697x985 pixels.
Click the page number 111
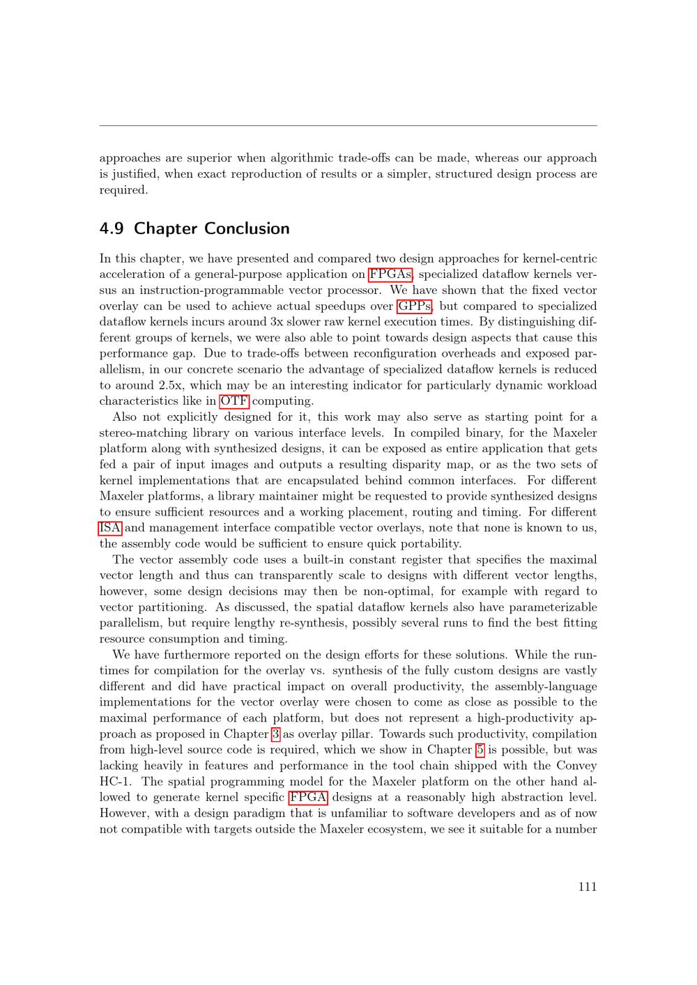pos(587,887)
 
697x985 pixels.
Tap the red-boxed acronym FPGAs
pos(390,274)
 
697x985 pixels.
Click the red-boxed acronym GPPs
pos(415,306)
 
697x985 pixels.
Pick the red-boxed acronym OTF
pos(234,401)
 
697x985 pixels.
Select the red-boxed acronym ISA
pos(110,528)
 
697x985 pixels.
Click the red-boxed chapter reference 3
pos(276,734)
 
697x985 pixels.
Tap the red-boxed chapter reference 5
pos(480,750)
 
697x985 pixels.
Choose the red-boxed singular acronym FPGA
pos(308,798)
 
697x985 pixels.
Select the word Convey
pos(576,766)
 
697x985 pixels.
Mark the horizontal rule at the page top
pos(348,126)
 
